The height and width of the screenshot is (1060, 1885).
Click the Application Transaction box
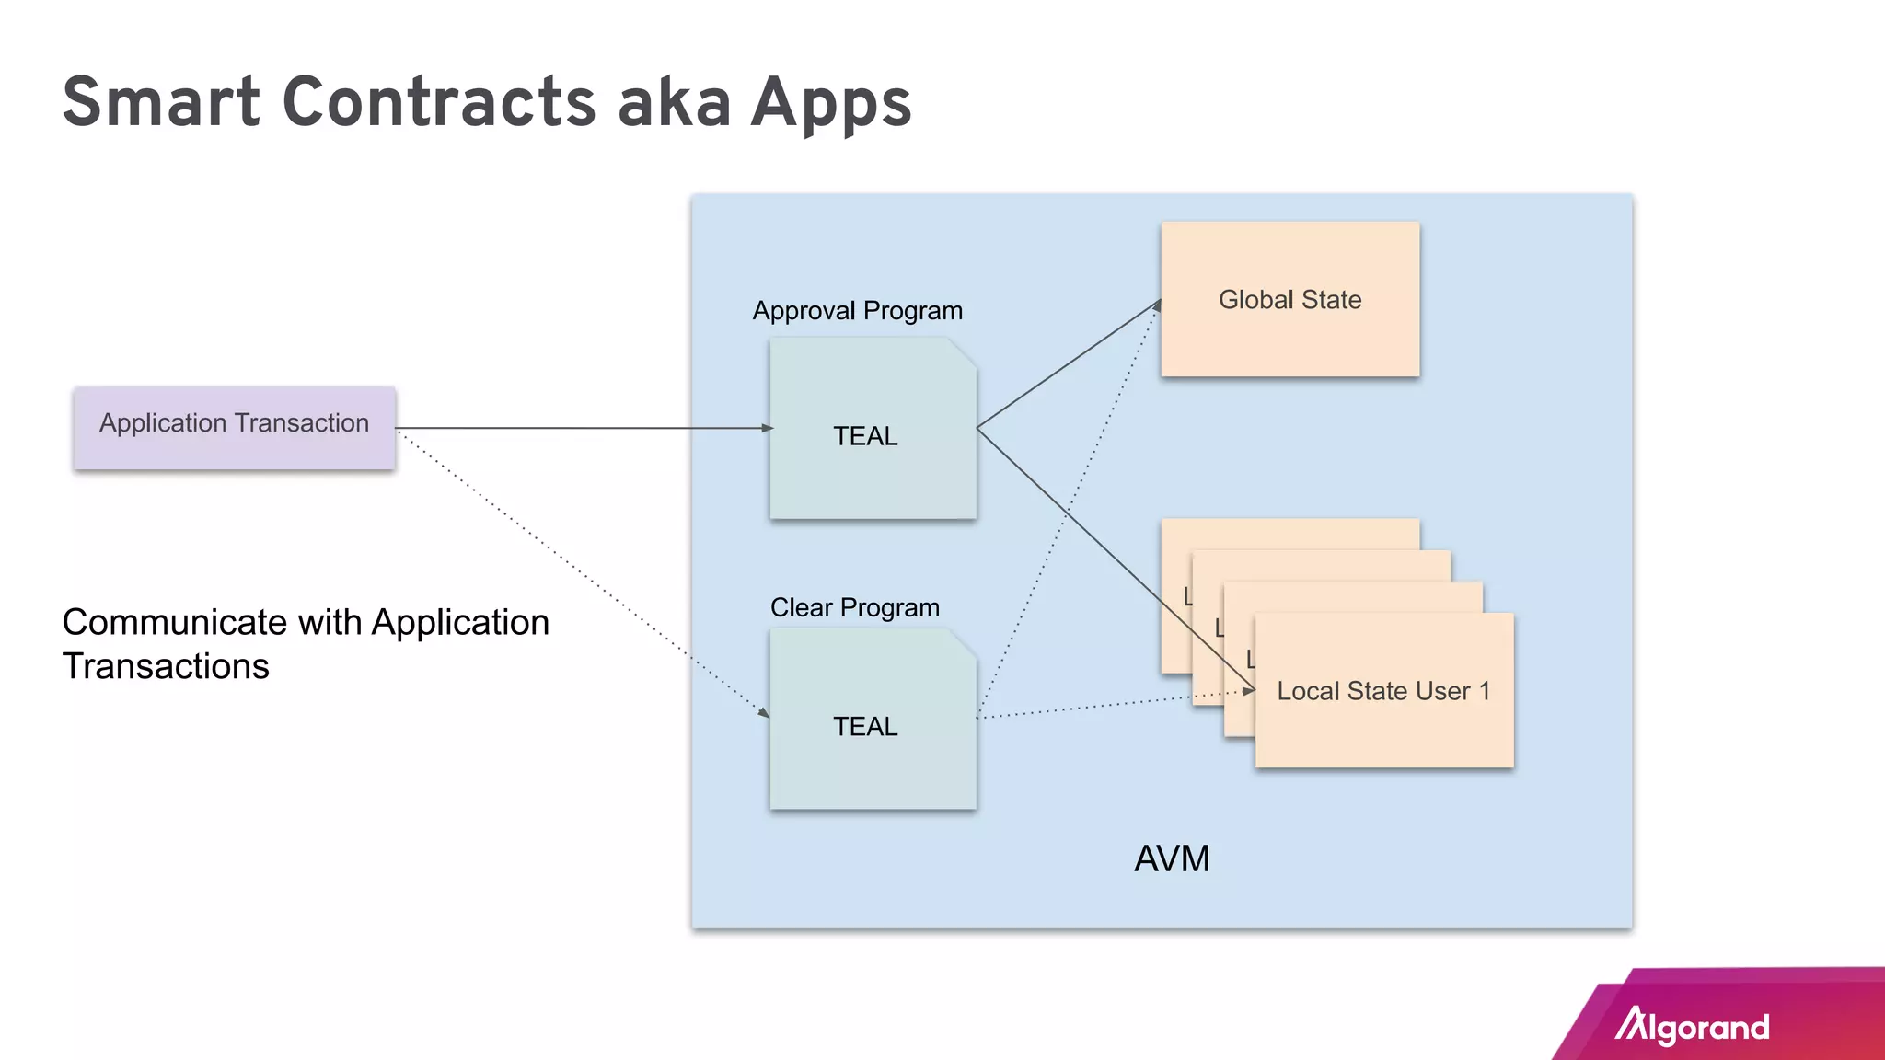point(235,428)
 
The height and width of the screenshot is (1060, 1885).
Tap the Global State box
point(1289,299)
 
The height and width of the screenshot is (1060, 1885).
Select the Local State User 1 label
point(1382,691)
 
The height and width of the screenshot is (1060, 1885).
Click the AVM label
point(1171,858)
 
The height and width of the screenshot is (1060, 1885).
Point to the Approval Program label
point(857,311)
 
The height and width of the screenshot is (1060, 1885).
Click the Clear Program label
point(854,607)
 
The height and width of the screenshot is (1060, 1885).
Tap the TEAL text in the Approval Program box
point(865,436)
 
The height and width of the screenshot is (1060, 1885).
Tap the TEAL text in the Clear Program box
point(865,727)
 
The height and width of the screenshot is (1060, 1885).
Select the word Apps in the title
point(830,103)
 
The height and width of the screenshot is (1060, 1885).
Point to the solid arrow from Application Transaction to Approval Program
point(580,428)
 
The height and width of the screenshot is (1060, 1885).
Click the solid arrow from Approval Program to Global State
point(1068,364)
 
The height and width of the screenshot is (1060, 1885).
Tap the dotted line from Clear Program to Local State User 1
point(1104,707)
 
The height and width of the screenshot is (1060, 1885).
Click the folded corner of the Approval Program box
point(963,351)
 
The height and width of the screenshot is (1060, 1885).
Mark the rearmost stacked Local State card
point(1289,534)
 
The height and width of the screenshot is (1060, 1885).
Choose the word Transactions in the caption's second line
point(166,666)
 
